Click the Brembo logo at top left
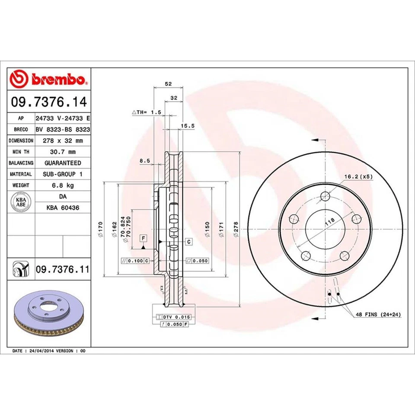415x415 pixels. (x=48, y=80)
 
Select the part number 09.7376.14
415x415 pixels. (x=48, y=102)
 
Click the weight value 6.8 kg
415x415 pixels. (x=62, y=185)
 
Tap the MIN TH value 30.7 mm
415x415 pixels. (x=62, y=152)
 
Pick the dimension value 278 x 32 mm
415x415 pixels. (x=62, y=140)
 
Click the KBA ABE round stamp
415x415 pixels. (x=21, y=202)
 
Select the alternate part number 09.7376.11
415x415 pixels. (x=62, y=269)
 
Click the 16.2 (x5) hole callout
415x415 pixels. (x=358, y=176)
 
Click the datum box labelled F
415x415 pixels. (x=142, y=238)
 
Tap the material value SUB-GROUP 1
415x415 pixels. (x=62, y=174)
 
